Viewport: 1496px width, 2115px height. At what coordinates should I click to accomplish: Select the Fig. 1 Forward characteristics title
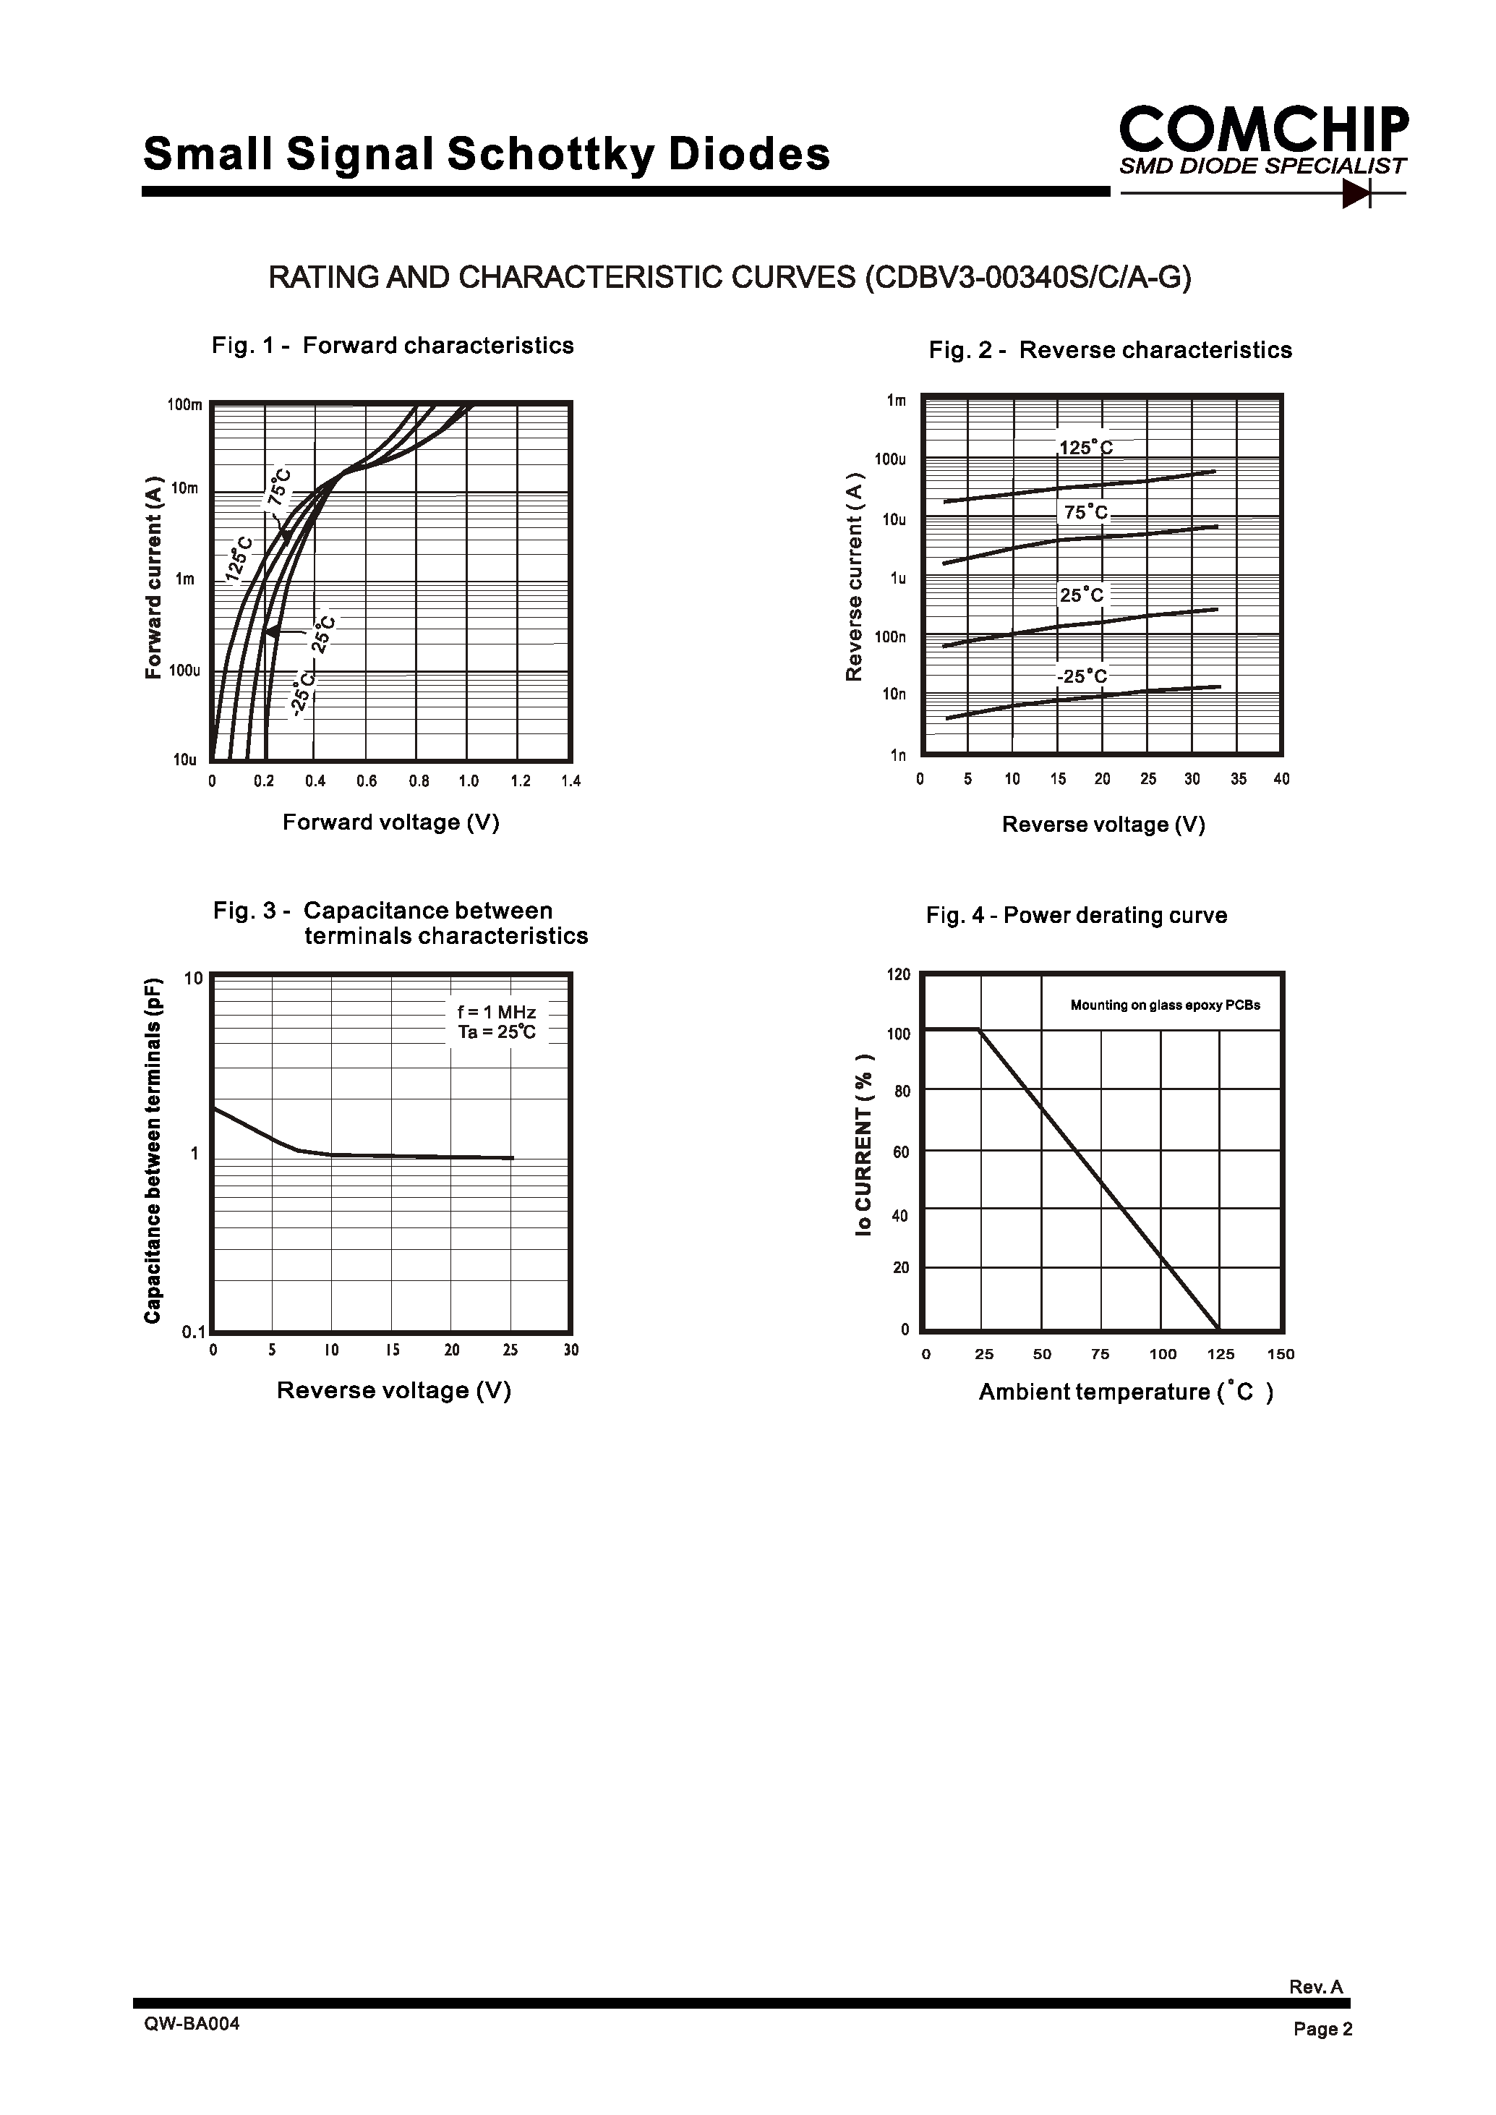tap(393, 346)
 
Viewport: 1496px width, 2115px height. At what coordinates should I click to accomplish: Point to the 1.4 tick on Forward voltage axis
tap(570, 781)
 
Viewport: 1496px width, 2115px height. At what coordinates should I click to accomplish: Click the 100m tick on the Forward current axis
tap(184, 404)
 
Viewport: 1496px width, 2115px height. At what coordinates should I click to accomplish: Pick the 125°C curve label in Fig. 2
tap(1085, 448)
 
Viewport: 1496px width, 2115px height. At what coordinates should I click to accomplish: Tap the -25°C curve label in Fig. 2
tap(1082, 676)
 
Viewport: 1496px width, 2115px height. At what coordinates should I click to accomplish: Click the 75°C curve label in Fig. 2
tap(1085, 512)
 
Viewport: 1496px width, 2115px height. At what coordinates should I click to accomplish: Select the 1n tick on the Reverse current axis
tap(897, 756)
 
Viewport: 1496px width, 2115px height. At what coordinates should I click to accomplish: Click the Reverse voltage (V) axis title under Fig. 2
tap(1103, 825)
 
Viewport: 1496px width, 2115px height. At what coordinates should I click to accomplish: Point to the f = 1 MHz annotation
tap(497, 1012)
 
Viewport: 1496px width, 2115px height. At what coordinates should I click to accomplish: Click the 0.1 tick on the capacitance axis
tap(194, 1332)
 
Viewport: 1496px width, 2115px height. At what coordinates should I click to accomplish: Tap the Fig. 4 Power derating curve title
tap(1076, 915)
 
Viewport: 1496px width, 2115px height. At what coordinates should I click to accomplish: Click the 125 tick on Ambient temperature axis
tap(1221, 1354)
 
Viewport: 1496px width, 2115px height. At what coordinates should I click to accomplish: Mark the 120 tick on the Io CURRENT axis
tap(898, 974)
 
